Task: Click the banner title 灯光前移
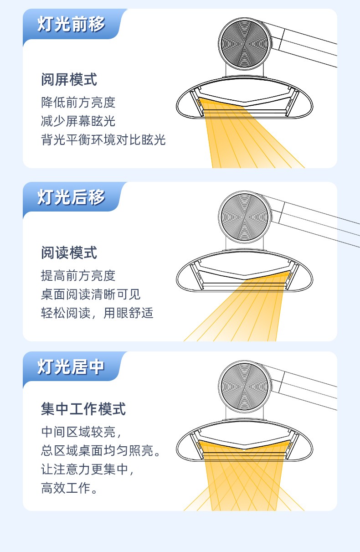point(71,25)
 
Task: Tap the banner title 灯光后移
point(71,197)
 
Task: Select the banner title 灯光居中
point(71,367)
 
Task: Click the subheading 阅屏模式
point(69,79)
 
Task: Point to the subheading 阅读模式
point(69,253)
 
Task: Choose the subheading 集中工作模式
point(83,409)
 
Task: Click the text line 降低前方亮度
point(78,103)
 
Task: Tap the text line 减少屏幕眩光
point(78,121)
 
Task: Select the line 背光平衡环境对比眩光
point(103,140)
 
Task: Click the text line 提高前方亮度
point(78,276)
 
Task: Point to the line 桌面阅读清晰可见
point(91,294)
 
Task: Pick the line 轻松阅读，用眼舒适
point(97,313)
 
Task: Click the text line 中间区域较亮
point(81,432)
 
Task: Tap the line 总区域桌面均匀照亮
point(101,451)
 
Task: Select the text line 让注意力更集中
point(87,469)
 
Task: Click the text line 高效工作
point(70,488)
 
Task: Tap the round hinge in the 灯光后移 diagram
point(245,217)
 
